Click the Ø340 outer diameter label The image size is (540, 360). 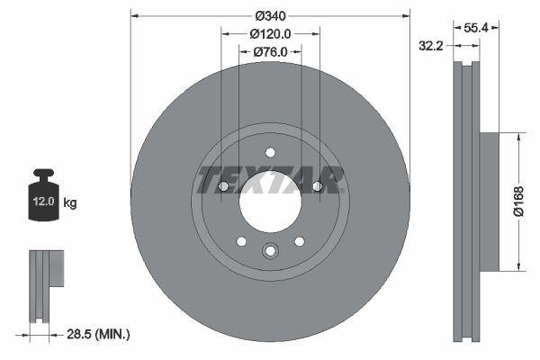tap(270, 15)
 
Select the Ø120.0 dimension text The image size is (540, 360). tap(270, 33)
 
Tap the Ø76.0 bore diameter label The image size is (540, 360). tap(270, 51)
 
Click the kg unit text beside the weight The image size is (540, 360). tap(70, 202)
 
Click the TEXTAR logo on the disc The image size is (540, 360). tap(271, 179)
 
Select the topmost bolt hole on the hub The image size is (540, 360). tap(270, 152)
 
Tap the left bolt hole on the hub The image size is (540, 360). tap(223, 186)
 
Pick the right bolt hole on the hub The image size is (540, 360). tap(317, 186)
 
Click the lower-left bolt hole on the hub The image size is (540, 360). tap(241, 240)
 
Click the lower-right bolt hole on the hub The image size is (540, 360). tap(299, 240)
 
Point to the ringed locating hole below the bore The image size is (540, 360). tap(270, 251)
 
